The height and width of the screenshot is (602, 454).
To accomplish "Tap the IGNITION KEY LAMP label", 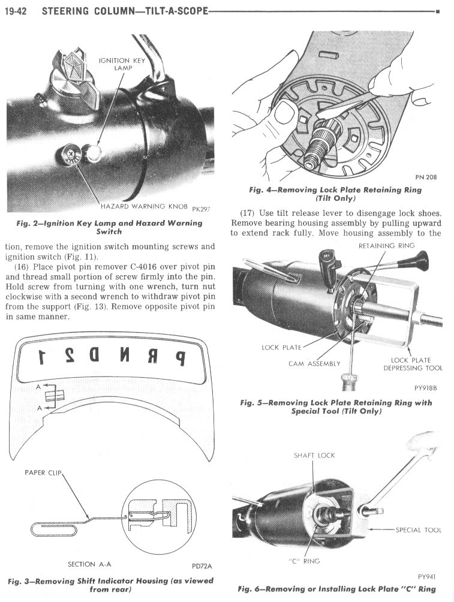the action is click(122, 64).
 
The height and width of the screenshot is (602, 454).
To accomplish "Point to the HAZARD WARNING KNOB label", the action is click(144, 206).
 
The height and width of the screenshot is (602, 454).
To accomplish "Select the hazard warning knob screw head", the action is click(70, 154).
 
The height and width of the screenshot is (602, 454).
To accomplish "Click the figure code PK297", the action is click(200, 209).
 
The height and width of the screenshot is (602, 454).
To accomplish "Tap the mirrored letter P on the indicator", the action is click(179, 358).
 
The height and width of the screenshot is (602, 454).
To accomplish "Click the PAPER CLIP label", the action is click(43, 472).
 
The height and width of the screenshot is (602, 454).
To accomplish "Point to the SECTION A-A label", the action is click(89, 564).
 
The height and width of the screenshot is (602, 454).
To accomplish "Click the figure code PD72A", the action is click(202, 566).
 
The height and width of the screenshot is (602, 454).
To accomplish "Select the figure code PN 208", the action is click(426, 177).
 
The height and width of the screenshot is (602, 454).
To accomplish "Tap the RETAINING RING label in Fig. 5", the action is click(386, 246).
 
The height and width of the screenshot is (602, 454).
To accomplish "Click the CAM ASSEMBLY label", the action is click(314, 363).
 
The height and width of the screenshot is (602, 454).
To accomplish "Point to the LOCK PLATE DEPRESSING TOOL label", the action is click(413, 364).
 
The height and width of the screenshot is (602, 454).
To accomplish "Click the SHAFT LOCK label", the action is click(314, 455).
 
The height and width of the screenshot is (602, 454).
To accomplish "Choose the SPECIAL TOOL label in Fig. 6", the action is click(419, 530).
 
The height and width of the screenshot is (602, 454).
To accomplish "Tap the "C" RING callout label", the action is click(304, 561).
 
